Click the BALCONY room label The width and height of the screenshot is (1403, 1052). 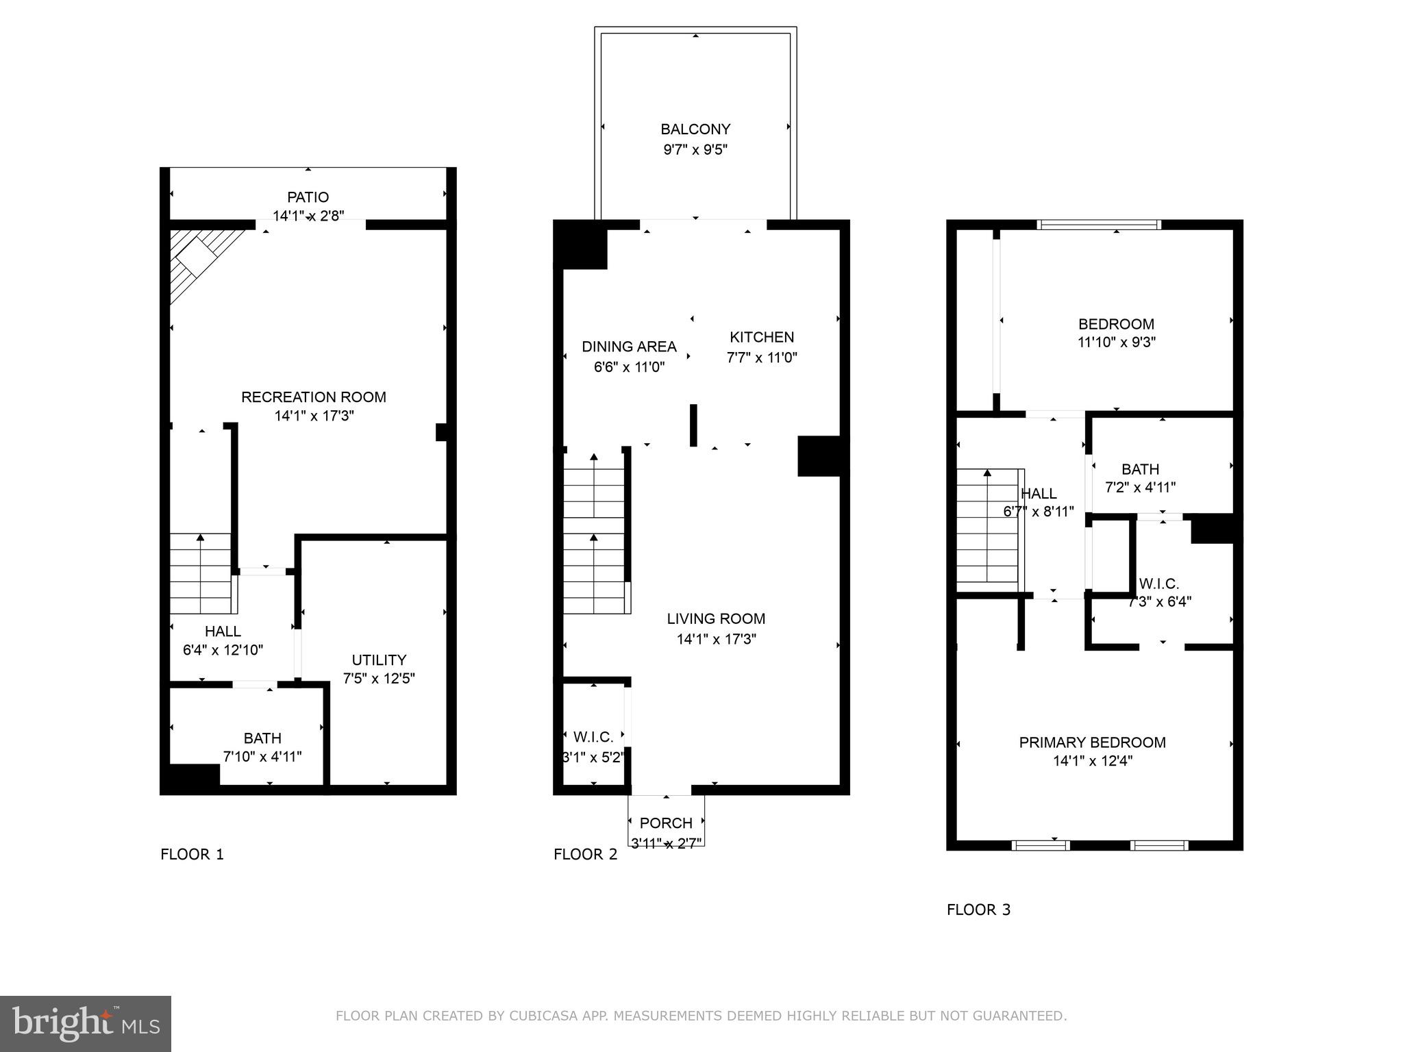click(x=695, y=129)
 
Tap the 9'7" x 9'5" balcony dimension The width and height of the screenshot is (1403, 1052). click(x=695, y=150)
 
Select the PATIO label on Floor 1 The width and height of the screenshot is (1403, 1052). click(x=308, y=197)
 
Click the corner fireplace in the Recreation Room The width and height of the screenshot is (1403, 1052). click(x=199, y=258)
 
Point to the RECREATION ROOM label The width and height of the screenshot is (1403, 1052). click(x=314, y=397)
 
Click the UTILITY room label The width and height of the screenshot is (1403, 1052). click(x=379, y=660)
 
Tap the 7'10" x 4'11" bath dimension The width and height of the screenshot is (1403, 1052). click(x=262, y=757)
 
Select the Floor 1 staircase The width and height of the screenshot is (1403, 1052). click(x=201, y=574)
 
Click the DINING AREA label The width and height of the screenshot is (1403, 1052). click(x=629, y=347)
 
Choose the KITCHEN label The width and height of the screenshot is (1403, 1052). click(x=762, y=338)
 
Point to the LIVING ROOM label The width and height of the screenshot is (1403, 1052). click(x=716, y=619)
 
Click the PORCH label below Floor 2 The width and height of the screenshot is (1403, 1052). click(x=666, y=823)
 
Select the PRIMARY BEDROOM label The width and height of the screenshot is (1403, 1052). click(x=1092, y=742)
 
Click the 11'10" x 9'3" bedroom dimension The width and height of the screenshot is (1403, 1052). click(x=1116, y=342)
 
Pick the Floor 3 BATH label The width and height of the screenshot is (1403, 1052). click(x=1140, y=470)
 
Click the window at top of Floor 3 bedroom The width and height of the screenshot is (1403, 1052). click(x=1099, y=224)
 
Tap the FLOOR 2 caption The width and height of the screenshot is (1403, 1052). click(x=585, y=855)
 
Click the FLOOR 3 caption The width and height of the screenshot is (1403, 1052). click(x=978, y=910)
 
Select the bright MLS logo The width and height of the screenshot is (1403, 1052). click(x=86, y=1023)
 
